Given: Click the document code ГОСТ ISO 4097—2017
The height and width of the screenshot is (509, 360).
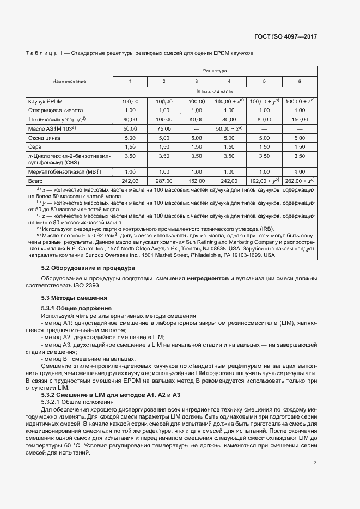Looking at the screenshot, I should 285,36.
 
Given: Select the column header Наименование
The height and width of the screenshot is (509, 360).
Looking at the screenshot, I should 69,81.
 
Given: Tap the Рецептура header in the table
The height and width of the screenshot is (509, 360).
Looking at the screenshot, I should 215,71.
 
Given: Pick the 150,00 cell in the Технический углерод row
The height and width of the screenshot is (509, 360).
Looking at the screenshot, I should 300,119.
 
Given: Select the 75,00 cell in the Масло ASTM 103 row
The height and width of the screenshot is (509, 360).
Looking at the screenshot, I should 163,128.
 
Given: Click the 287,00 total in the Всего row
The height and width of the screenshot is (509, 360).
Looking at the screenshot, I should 163,181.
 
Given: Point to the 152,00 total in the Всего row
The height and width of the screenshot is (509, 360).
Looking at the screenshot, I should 196,181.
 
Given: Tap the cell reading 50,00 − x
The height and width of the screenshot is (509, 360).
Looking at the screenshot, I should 229,128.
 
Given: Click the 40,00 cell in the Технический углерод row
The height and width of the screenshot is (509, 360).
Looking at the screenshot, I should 196,119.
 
